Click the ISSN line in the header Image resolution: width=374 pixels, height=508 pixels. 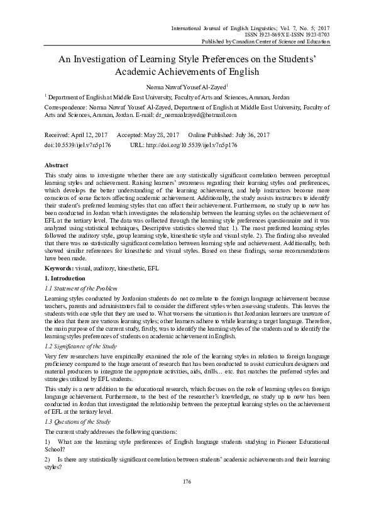coord(282,35)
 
